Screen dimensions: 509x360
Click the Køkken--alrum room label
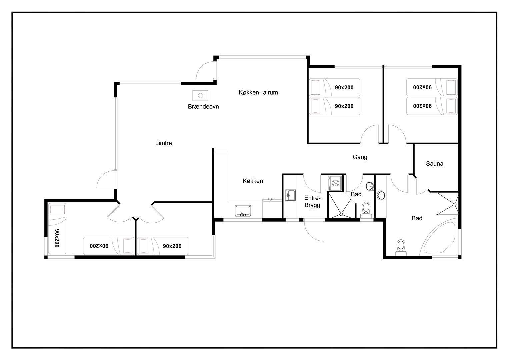coord(258,93)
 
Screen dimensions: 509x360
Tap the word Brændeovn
coord(203,106)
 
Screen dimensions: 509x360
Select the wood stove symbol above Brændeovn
coord(200,95)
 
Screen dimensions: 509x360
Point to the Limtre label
coord(164,143)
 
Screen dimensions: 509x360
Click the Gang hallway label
coord(360,157)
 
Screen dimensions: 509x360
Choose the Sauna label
coord(434,164)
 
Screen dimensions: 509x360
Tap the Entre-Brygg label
coord(312,202)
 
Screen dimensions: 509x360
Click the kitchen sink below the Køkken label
coord(243,211)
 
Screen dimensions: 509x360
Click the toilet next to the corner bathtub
coord(401,247)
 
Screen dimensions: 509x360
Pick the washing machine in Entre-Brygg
coord(335,183)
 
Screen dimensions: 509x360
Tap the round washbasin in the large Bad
coord(381,195)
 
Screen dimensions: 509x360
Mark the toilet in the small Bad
coord(366,210)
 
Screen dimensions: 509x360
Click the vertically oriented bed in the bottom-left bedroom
coord(57,228)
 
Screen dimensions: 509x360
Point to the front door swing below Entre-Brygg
coord(314,230)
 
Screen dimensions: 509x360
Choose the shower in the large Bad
coord(447,204)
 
